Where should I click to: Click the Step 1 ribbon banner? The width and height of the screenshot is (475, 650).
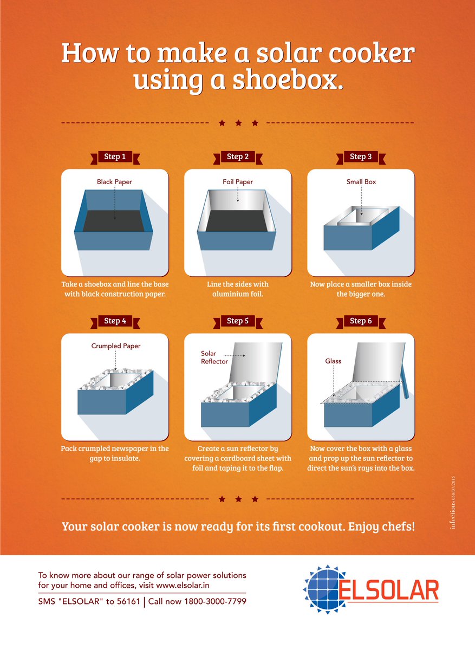114,157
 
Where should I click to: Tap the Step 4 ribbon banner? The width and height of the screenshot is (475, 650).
114,321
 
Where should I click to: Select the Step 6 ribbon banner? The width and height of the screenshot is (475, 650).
361,321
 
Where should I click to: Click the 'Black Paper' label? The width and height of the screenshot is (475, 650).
114,182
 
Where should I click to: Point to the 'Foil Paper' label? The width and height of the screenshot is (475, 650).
238,182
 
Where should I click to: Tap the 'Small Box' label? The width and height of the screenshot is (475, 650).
361,182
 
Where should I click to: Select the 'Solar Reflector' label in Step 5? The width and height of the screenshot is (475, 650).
214,357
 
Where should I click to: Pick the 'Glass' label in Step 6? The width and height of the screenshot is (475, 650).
333,361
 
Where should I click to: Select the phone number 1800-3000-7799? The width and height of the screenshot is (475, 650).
215,601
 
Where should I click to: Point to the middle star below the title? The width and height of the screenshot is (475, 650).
238,123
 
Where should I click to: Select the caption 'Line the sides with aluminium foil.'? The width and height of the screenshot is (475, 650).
238,289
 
